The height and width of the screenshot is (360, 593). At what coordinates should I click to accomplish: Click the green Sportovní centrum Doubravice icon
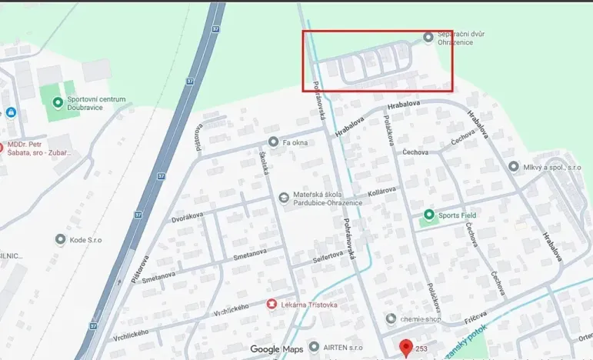pos(57,102)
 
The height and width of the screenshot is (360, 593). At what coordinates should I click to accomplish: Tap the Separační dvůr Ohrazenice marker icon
pos(428,37)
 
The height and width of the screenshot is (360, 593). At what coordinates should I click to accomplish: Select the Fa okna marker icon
pos(273,142)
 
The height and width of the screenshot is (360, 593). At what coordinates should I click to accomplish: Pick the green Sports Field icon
pos(428,215)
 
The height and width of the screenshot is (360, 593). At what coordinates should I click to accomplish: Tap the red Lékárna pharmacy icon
pos(271,305)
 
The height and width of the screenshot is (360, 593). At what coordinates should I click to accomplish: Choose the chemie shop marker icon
pos(391,318)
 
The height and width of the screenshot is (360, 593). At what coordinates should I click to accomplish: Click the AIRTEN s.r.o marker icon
pos(313,347)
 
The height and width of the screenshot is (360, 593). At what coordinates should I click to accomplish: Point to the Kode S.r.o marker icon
pos(60,239)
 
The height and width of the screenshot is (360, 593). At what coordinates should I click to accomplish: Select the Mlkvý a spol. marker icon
pos(514,166)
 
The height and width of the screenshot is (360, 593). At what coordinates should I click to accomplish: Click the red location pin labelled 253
pos(407,348)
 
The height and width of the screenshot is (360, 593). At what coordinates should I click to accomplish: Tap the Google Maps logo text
pos(277,349)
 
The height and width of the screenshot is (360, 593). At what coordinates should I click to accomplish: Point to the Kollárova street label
pos(381,190)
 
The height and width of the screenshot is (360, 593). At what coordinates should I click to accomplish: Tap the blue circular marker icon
pos(10,112)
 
